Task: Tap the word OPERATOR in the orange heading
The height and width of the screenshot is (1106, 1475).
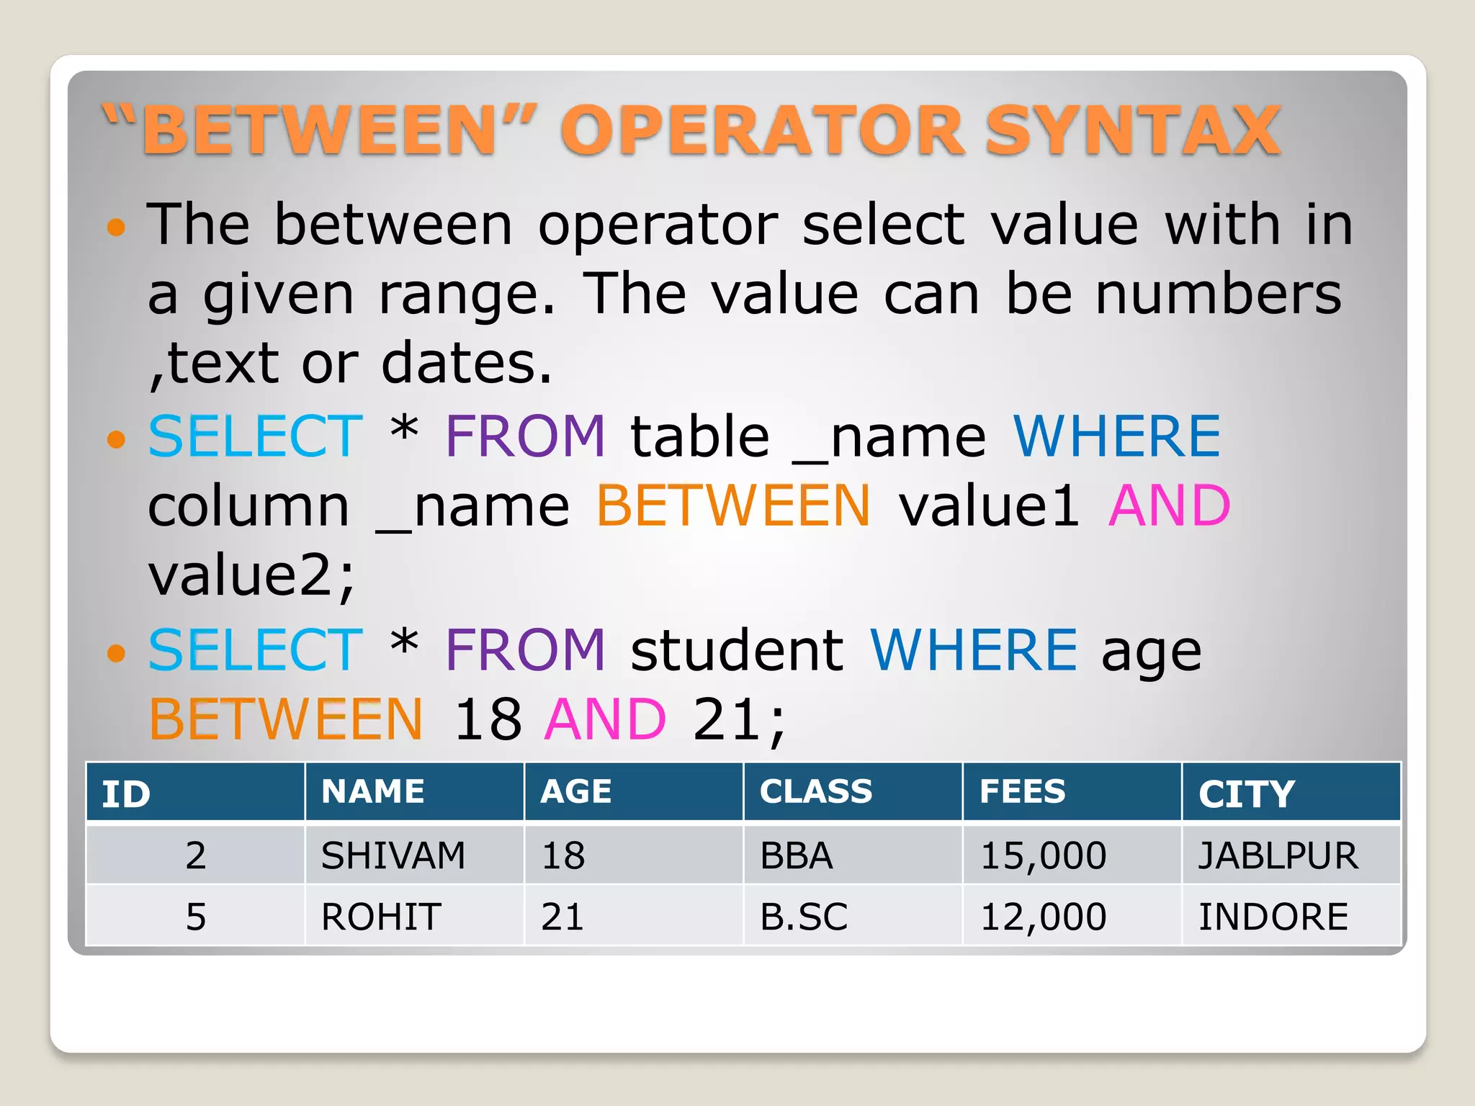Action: (763, 130)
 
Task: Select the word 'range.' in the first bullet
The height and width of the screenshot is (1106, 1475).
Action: (467, 295)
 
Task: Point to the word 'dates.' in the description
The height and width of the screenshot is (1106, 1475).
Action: (466, 364)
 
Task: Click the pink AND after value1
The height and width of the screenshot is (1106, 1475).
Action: (1169, 505)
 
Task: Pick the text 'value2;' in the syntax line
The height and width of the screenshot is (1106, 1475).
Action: (251, 575)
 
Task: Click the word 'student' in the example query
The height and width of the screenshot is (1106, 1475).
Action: (737, 650)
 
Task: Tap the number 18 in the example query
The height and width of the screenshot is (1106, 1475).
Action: (488, 719)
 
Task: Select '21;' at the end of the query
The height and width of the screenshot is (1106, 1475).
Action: (739, 719)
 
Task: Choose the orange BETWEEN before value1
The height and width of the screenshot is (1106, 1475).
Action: (733, 505)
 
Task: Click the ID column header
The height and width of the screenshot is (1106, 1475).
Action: (126, 794)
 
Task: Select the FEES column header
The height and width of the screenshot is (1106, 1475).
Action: (1022, 792)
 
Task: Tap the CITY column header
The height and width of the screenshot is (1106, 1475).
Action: (1247, 794)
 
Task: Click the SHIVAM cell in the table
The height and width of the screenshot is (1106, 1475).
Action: (393, 855)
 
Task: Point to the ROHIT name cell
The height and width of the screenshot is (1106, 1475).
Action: (381, 917)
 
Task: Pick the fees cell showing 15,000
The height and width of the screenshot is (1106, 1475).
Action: (1043, 855)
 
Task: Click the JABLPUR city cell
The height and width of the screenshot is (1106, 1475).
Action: (1278, 855)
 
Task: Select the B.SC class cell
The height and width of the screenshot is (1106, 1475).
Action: (804, 917)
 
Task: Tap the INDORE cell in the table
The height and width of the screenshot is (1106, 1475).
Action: (1273, 917)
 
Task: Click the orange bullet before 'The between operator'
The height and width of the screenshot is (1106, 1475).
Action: (115, 228)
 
